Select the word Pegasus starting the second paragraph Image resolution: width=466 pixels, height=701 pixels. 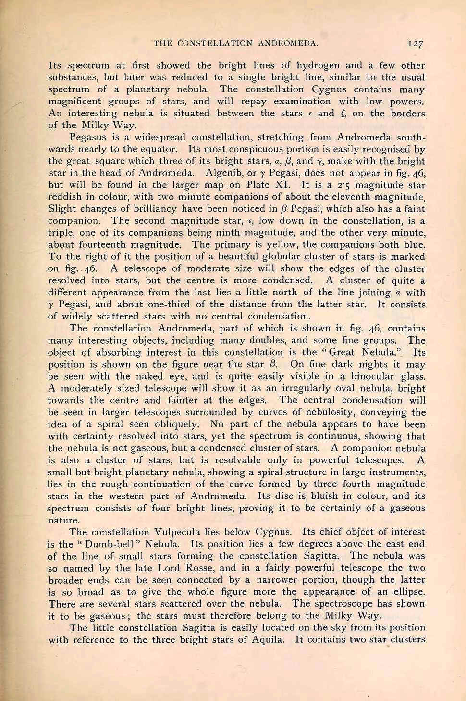[x=90, y=137]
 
